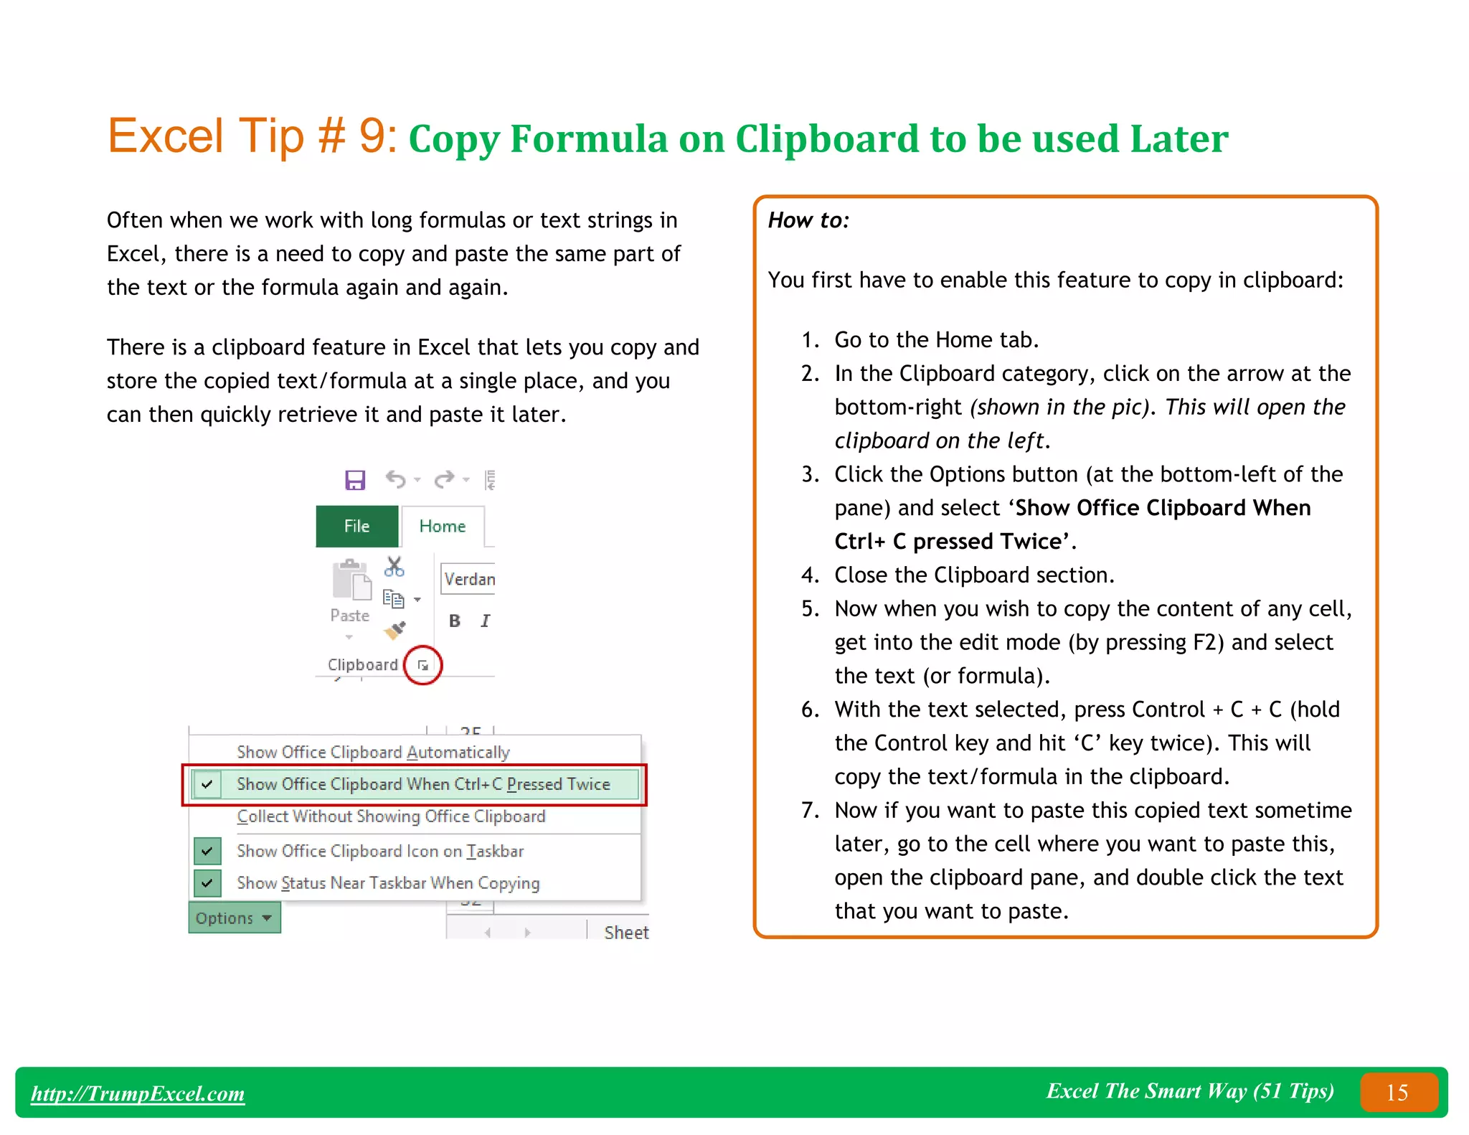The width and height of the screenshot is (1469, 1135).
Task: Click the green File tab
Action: point(356,526)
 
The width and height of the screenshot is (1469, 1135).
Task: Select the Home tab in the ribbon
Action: point(442,526)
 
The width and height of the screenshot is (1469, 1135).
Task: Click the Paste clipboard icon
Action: point(351,581)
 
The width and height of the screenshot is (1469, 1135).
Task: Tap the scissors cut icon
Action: point(394,567)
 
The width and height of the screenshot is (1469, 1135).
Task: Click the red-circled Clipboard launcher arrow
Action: point(423,665)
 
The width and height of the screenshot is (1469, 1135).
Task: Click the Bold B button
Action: point(455,621)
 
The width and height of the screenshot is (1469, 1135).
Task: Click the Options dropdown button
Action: point(234,918)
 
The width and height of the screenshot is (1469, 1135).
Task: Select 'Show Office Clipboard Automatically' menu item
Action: point(373,752)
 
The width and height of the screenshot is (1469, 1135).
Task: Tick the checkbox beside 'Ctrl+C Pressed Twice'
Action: point(207,784)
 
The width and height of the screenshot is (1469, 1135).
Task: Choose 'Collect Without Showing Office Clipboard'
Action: point(391,816)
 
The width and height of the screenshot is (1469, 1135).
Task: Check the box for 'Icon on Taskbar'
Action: point(207,851)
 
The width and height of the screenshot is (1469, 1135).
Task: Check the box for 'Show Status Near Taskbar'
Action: point(207,883)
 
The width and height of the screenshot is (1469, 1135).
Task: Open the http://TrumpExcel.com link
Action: point(138,1093)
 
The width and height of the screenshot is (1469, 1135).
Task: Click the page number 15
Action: point(1397,1092)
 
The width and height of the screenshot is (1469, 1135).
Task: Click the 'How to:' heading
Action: point(808,220)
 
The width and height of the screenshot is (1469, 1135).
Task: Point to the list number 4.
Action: point(810,575)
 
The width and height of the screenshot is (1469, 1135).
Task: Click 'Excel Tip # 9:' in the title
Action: point(252,136)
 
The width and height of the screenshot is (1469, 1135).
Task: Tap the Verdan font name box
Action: point(468,579)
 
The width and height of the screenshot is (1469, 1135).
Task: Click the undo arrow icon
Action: point(395,479)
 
